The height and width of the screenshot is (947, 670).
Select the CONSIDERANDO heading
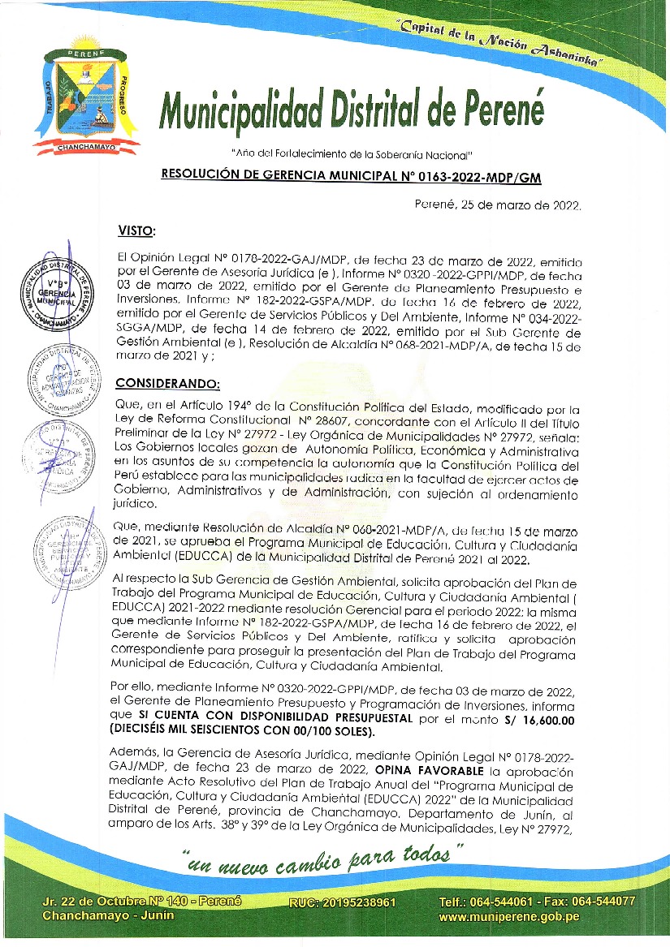[168, 382]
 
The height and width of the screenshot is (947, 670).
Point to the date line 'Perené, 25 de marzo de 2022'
[497, 205]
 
